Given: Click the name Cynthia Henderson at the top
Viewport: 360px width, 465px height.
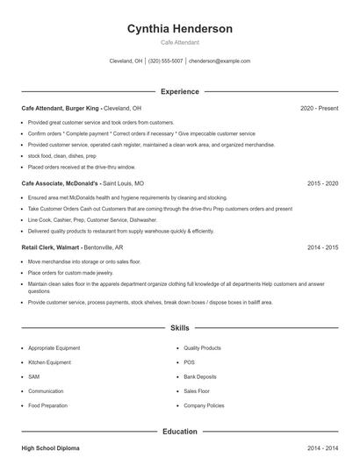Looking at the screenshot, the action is [x=179, y=29].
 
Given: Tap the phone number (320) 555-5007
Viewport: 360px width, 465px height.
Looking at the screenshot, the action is [x=165, y=61].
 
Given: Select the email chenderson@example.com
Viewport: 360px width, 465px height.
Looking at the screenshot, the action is [x=220, y=61].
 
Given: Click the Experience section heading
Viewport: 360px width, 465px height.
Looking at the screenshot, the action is [x=179, y=91].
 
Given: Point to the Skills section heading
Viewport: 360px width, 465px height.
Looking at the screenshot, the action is [x=179, y=327].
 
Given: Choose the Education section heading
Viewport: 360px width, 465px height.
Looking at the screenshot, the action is [x=179, y=432].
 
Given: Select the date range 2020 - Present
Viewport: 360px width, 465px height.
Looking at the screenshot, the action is [x=319, y=108].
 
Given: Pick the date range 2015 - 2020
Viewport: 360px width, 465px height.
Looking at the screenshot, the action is [x=322, y=183].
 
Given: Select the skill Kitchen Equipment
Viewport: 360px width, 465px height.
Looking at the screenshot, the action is [x=49, y=362].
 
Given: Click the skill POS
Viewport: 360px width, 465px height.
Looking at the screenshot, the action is [x=189, y=362].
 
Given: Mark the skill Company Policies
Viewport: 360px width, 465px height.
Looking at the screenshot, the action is [x=204, y=405].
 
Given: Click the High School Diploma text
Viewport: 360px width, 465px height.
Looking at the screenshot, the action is [x=50, y=448].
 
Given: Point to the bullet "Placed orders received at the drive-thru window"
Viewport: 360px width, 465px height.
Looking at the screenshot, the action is [x=82, y=166].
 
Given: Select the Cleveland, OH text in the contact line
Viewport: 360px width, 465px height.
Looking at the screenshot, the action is [x=126, y=61].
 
